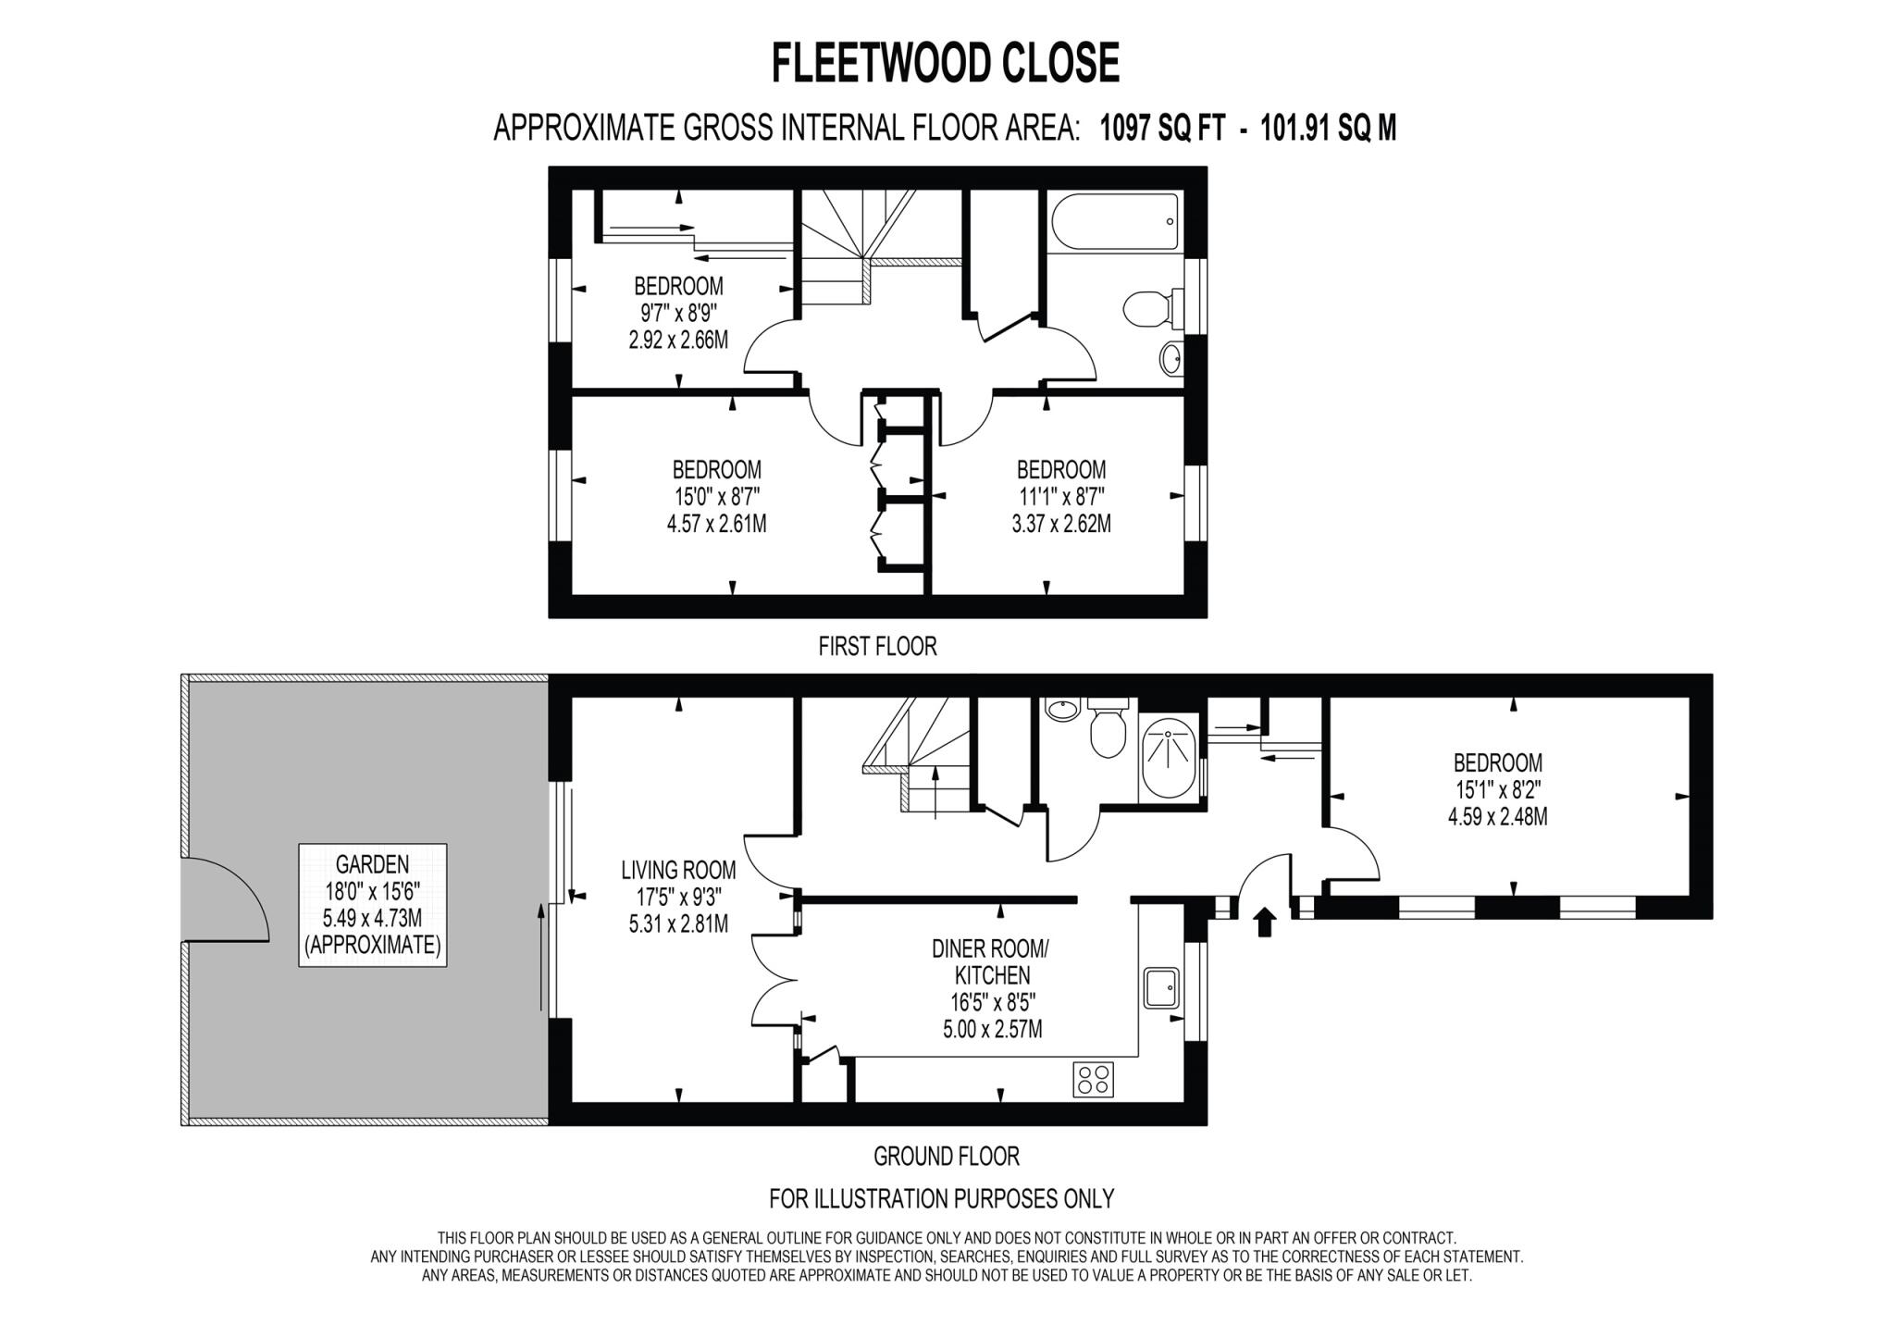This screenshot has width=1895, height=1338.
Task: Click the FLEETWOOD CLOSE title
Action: (x=945, y=64)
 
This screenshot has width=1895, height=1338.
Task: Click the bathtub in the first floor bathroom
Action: (x=1115, y=221)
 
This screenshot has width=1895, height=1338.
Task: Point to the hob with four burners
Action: (x=1094, y=1079)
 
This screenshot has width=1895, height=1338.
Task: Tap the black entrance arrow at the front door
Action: (x=1264, y=923)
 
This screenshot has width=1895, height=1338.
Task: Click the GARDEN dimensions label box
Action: (x=372, y=905)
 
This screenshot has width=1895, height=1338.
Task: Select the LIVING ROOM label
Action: (x=678, y=870)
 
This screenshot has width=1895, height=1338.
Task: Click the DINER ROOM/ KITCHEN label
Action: (x=991, y=962)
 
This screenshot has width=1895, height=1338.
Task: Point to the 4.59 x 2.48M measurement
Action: (x=1497, y=817)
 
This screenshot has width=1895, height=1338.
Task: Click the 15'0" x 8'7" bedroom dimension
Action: (x=716, y=497)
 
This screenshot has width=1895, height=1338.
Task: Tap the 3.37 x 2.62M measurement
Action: (x=1060, y=524)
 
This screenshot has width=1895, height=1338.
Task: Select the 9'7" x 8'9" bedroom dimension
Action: (x=678, y=313)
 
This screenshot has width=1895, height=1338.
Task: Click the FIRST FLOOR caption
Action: (x=877, y=646)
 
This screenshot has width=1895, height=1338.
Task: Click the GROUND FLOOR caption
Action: (x=946, y=1156)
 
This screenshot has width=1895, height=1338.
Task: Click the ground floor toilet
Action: (x=1107, y=732)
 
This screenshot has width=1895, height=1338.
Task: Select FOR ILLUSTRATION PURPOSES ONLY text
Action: (x=941, y=1198)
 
